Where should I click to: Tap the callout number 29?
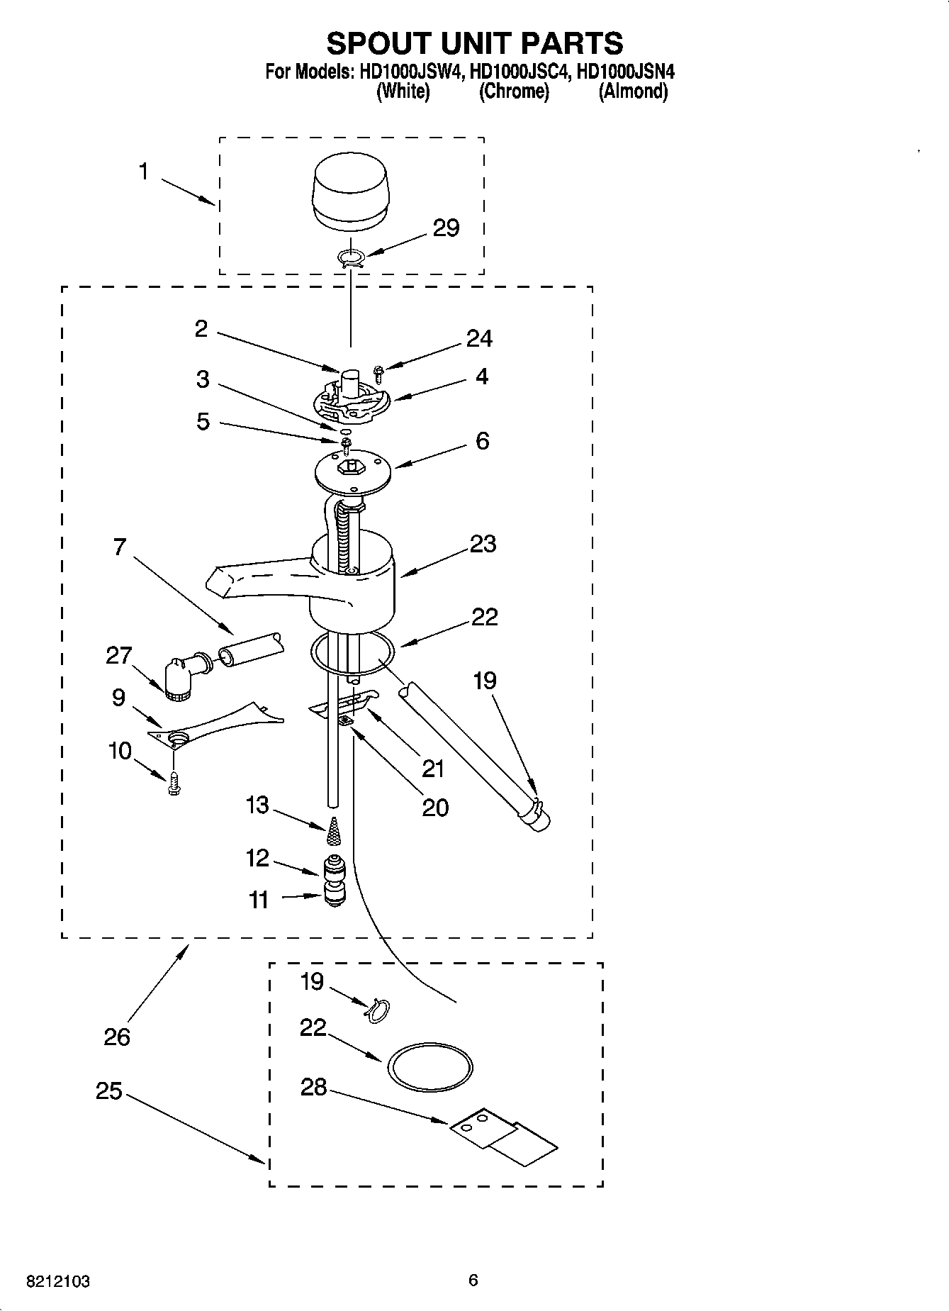446,228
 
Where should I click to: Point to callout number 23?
483,545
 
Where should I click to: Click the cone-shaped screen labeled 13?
333,832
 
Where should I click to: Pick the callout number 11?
259,900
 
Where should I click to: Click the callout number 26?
117,1037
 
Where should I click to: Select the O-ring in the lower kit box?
429,1066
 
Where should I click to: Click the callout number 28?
313,1086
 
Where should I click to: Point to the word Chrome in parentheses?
514,91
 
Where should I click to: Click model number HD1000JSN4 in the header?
626,72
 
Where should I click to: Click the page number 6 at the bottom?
473,1281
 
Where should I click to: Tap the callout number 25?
108,1091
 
